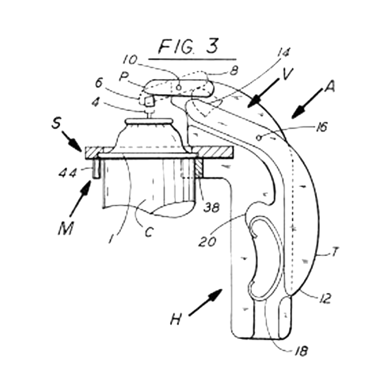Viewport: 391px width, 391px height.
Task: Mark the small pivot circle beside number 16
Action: tap(258, 137)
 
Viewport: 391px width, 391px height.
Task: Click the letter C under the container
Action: tap(149, 231)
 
